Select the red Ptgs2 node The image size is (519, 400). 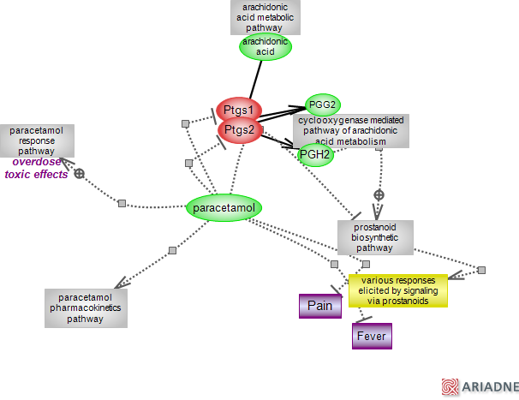239,130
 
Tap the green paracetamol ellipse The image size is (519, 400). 224,207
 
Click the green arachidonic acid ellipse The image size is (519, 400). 265,47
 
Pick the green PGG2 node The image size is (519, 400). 323,105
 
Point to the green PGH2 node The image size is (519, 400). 315,154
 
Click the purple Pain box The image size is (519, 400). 319,306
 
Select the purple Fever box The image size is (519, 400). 372,336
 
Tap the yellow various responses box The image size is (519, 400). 397,290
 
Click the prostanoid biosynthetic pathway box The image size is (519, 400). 375,236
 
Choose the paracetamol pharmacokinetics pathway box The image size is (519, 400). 86,307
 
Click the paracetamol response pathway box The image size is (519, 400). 37,140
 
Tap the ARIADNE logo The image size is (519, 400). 479,387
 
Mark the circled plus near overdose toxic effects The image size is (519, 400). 80,173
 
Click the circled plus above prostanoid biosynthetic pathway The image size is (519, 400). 378,194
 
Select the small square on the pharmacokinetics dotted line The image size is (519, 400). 172,250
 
